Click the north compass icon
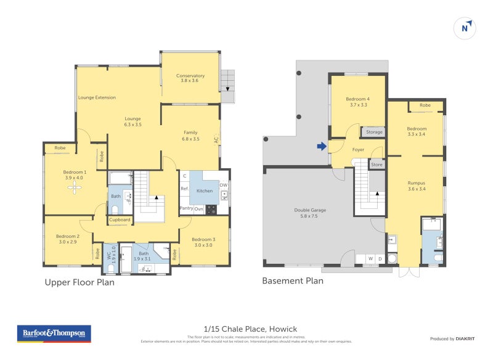click(x=466, y=27)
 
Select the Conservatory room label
click(x=190, y=76)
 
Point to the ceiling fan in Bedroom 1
click(x=75, y=189)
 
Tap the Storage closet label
click(x=374, y=132)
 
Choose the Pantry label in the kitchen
click(x=186, y=208)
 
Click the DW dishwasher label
click(x=223, y=184)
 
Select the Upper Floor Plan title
click(x=79, y=282)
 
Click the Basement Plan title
click(x=293, y=281)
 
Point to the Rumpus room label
click(x=417, y=182)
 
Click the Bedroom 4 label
click(x=357, y=99)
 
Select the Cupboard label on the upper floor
click(x=120, y=219)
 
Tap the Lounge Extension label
click(x=97, y=97)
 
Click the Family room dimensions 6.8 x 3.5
click(x=190, y=139)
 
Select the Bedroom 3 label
click(x=203, y=239)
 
